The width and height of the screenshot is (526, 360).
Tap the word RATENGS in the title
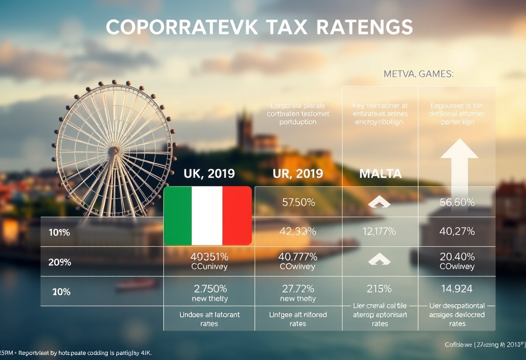pyautogui.click(x=364, y=28)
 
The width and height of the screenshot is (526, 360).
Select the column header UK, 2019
pyautogui.click(x=209, y=174)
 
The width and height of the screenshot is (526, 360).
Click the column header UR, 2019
pyautogui.click(x=298, y=174)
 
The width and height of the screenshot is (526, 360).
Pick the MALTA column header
pyautogui.click(x=380, y=174)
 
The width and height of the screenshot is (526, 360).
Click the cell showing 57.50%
pyautogui.click(x=298, y=202)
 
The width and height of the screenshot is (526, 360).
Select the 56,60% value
pyautogui.click(x=457, y=202)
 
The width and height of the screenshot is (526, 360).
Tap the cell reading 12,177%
pyautogui.click(x=379, y=231)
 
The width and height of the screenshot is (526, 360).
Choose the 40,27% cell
pyautogui.click(x=457, y=231)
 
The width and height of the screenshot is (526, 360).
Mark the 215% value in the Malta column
pyautogui.click(x=379, y=289)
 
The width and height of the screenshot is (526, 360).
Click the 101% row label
pyautogui.click(x=59, y=232)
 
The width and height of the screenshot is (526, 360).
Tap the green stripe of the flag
pyautogui.click(x=178, y=215)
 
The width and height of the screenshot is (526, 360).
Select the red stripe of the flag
pyautogui.click(x=237, y=215)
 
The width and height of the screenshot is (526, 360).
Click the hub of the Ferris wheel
pyautogui.click(x=114, y=151)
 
